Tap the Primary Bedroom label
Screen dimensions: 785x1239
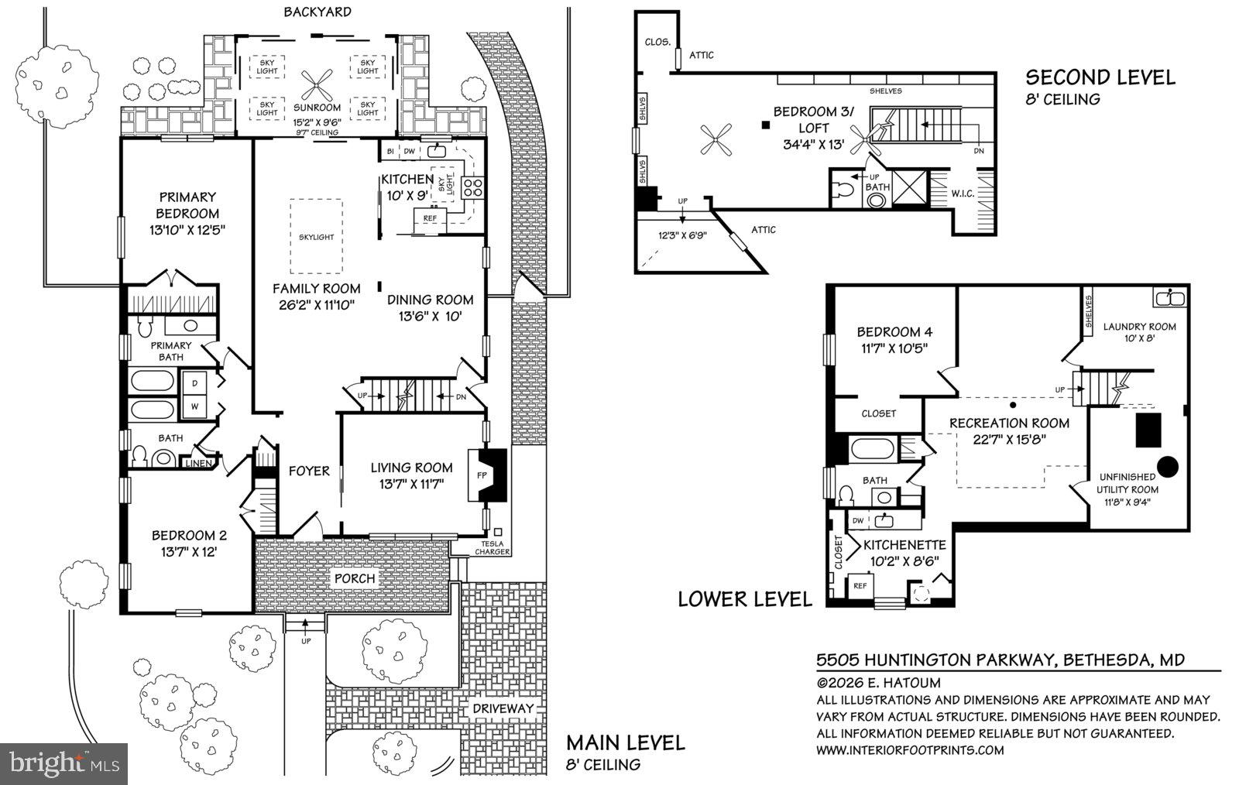pyautogui.click(x=187, y=205)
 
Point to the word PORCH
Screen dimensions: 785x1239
pyautogui.click(x=355, y=578)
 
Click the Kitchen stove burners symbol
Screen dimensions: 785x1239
pyautogui.click(x=472, y=187)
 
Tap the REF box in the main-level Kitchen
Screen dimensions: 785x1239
pyautogui.click(x=431, y=218)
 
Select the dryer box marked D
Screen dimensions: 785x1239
pyautogui.click(x=194, y=383)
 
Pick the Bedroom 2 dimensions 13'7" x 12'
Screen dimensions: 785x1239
pyautogui.click(x=189, y=552)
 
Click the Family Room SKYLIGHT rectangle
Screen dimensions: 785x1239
pyautogui.click(x=316, y=236)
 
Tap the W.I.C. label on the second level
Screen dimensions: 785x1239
pyautogui.click(x=963, y=193)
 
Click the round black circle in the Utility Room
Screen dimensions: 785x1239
pyautogui.click(x=1167, y=466)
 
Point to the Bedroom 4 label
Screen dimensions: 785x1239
pyautogui.click(x=888, y=331)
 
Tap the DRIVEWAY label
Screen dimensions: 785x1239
pyautogui.click(x=503, y=708)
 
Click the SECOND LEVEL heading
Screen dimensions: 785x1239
pyautogui.click(x=1100, y=77)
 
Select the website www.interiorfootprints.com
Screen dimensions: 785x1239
pyautogui.click(x=910, y=749)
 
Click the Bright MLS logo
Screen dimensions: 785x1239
pyautogui.click(x=63, y=764)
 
